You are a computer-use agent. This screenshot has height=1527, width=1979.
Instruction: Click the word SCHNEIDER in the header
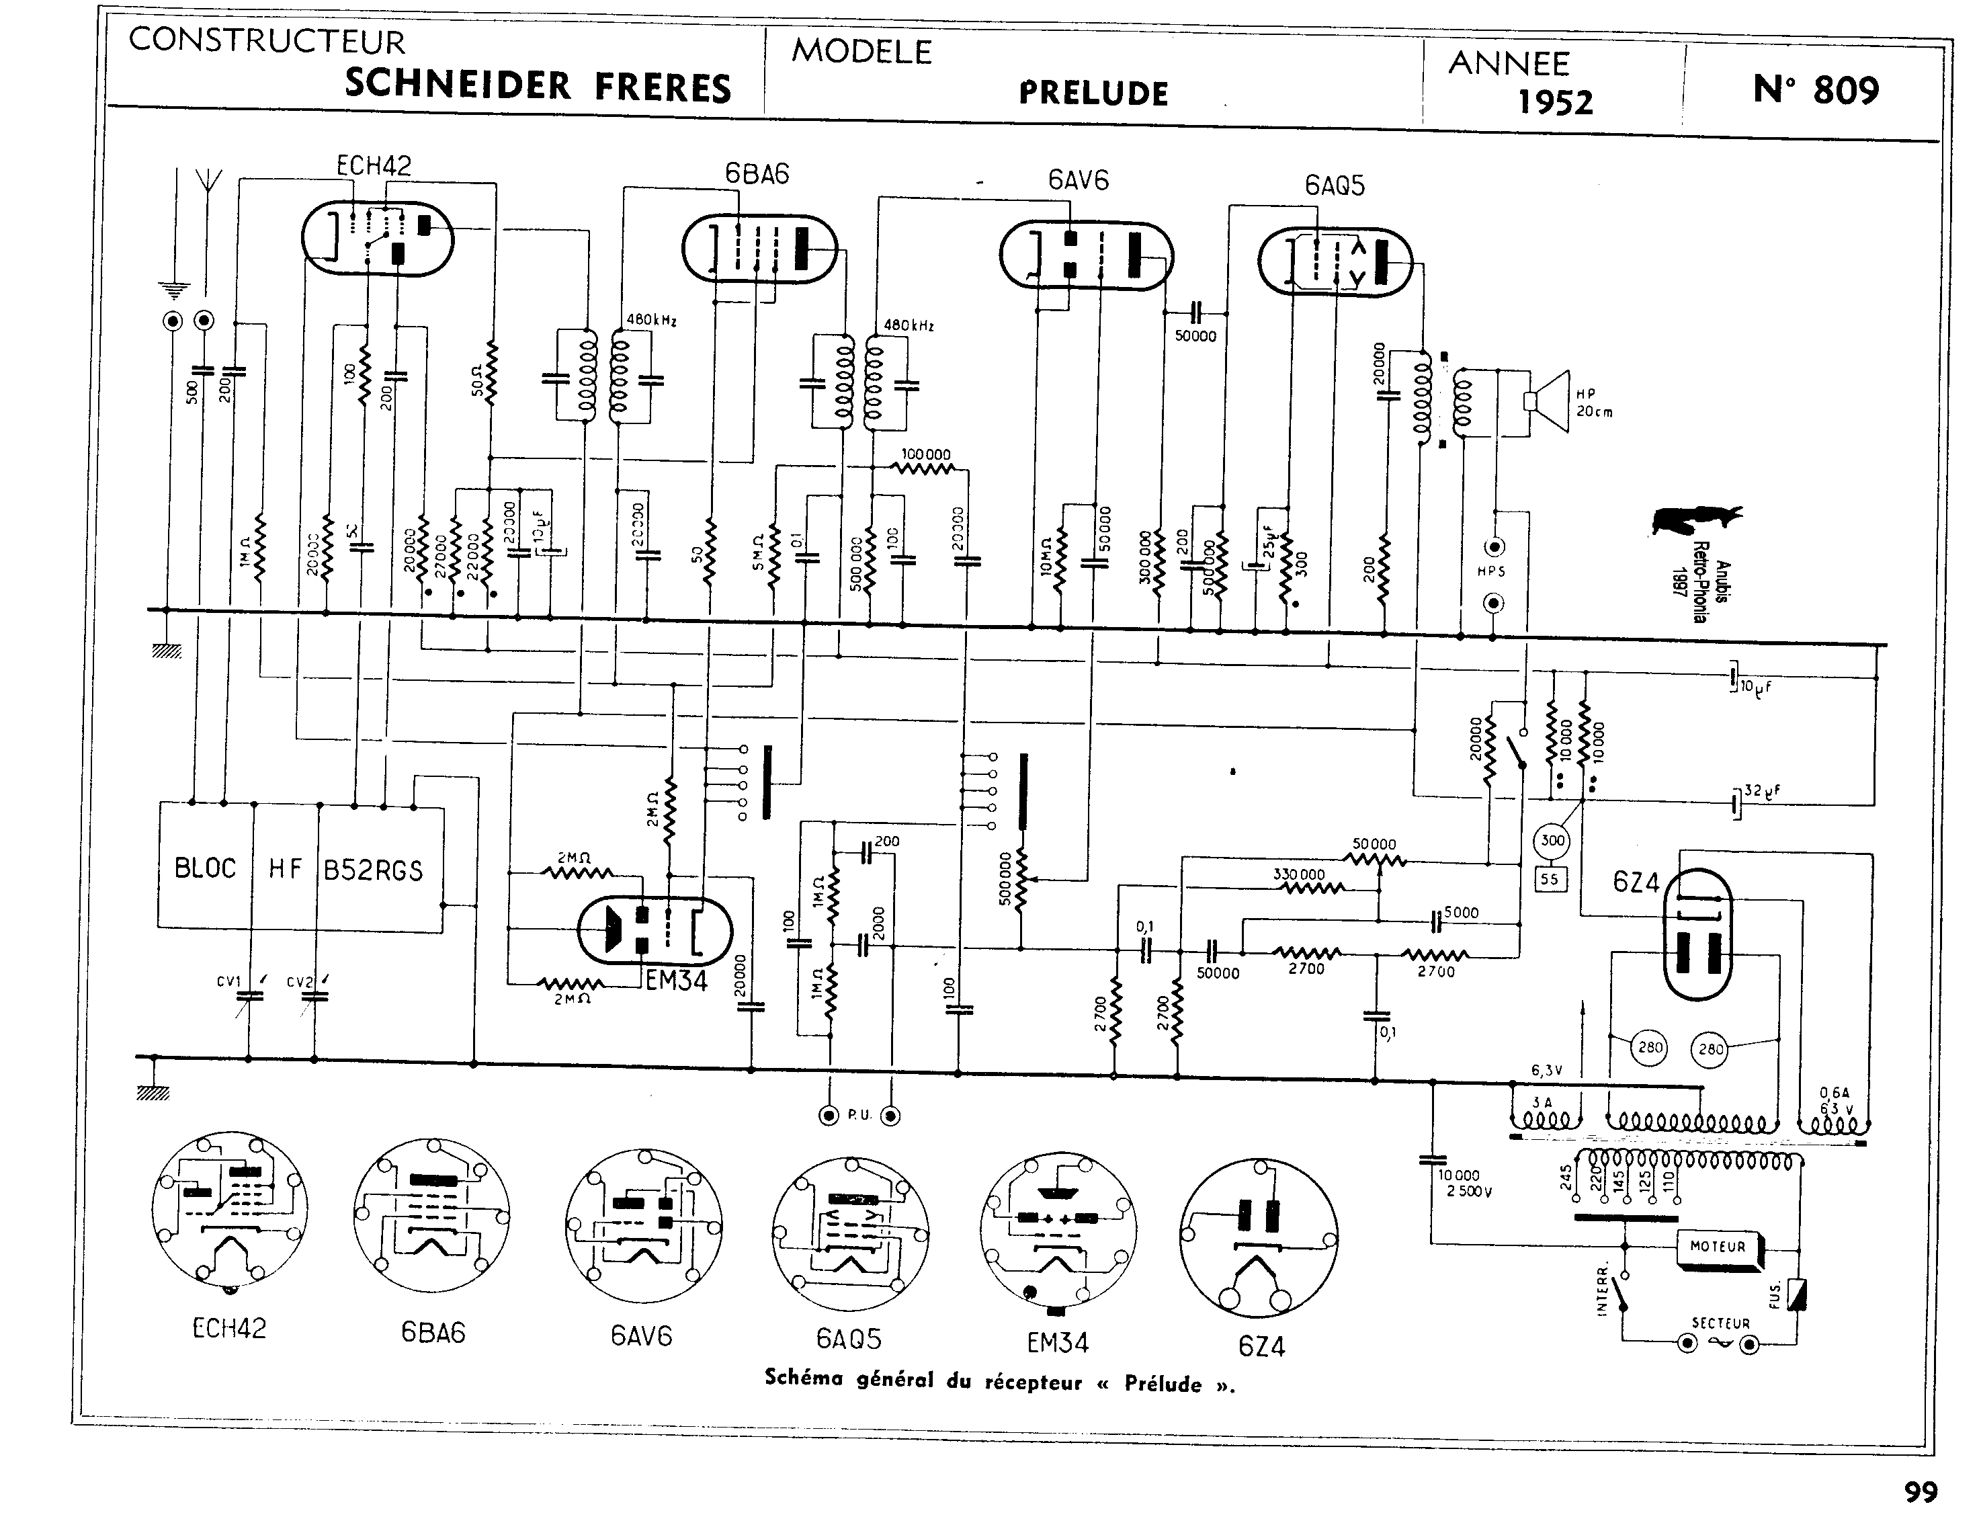[458, 85]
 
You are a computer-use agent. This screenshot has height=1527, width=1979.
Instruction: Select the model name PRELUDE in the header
[1094, 93]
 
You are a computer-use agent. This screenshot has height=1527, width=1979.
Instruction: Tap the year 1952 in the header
[1555, 102]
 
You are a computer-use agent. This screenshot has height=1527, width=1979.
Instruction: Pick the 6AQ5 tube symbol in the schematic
[1335, 261]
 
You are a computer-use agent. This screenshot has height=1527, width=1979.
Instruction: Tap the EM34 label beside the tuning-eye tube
[676, 981]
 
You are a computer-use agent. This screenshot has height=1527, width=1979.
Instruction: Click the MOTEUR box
[1717, 1247]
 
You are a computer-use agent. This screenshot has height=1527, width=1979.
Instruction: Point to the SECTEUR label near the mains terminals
[1720, 1323]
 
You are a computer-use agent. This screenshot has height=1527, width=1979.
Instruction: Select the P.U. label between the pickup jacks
[859, 1116]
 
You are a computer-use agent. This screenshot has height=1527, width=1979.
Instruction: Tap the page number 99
[1920, 1493]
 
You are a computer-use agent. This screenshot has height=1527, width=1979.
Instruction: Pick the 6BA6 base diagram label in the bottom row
[433, 1333]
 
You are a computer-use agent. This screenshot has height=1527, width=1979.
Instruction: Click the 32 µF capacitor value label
[1761, 791]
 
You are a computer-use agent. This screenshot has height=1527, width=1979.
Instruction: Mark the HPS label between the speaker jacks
[1490, 572]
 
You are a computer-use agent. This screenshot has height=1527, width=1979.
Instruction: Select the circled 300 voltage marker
[1552, 841]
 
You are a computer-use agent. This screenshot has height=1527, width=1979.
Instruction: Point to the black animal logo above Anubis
[1695, 520]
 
